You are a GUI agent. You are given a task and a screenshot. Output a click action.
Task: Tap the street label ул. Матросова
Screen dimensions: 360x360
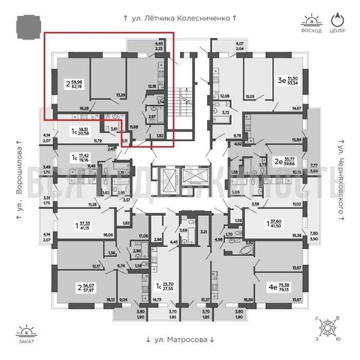pyautogui.click(x=180, y=339)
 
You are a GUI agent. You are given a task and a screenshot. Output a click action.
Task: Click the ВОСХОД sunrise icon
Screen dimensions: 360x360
pyautogui.click(x=310, y=17)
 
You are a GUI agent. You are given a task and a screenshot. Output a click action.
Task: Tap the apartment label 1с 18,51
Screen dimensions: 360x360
pyautogui.click(x=81, y=132)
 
